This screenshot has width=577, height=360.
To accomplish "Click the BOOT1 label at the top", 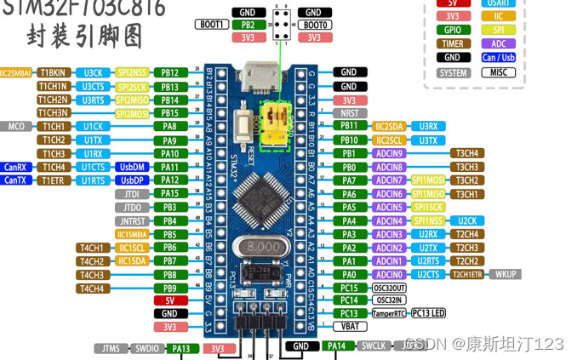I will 210,25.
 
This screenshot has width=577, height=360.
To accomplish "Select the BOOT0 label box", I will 314,25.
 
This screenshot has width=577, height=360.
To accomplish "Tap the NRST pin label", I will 349,112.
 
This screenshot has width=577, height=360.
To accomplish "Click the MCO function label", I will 17,126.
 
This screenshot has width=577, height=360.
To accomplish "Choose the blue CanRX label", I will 16,167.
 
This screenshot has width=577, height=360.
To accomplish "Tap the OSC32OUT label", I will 389,288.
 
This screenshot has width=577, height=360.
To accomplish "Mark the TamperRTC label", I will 389,313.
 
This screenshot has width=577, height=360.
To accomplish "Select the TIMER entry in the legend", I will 453,43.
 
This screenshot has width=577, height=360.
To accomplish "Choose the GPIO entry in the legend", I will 453,30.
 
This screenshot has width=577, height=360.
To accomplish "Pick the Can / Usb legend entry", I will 499,58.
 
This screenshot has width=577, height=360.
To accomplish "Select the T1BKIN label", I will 53,72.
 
